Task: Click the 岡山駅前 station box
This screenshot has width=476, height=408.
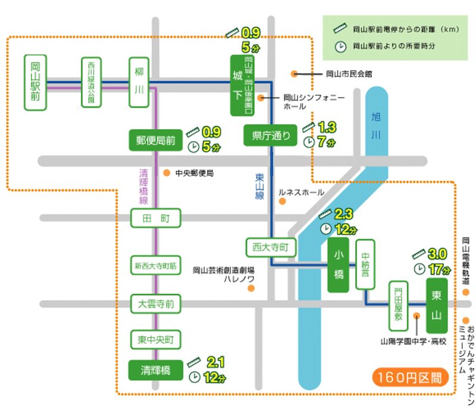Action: click(36, 83)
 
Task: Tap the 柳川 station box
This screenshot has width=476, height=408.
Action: click(139, 83)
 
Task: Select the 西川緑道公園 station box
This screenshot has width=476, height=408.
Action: click(91, 83)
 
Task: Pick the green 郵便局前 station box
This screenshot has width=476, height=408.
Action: click(155, 140)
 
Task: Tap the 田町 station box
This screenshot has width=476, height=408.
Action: click(155, 219)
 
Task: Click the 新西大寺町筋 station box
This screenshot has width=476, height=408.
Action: click(155, 265)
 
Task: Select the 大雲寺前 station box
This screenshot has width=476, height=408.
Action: click(155, 304)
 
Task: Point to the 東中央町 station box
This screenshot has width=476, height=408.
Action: click(155, 340)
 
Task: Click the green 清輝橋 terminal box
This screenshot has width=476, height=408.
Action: click(155, 370)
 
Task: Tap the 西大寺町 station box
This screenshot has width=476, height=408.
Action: click(271, 246)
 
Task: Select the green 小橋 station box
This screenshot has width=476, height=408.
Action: click(338, 266)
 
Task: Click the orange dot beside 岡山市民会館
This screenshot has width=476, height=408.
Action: click(294, 74)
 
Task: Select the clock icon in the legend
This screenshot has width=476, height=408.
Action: click(339, 45)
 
